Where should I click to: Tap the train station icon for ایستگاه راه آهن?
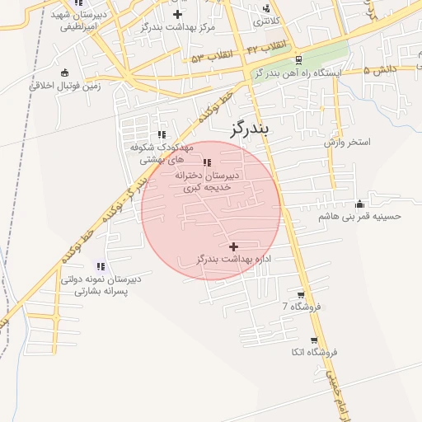click(298, 59)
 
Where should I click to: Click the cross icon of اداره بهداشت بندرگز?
click(234, 246)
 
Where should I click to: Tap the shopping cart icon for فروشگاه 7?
click(300, 294)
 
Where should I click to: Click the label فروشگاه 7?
click(300, 307)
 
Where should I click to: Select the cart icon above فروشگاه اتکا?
click(313, 340)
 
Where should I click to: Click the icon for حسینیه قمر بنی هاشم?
click(359, 204)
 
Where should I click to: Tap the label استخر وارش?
click(347, 143)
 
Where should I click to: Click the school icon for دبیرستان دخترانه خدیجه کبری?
click(206, 162)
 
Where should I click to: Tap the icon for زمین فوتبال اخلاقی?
click(65, 73)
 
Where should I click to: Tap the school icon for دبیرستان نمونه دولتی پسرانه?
click(100, 266)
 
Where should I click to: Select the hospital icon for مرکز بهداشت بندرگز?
click(178, 14)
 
